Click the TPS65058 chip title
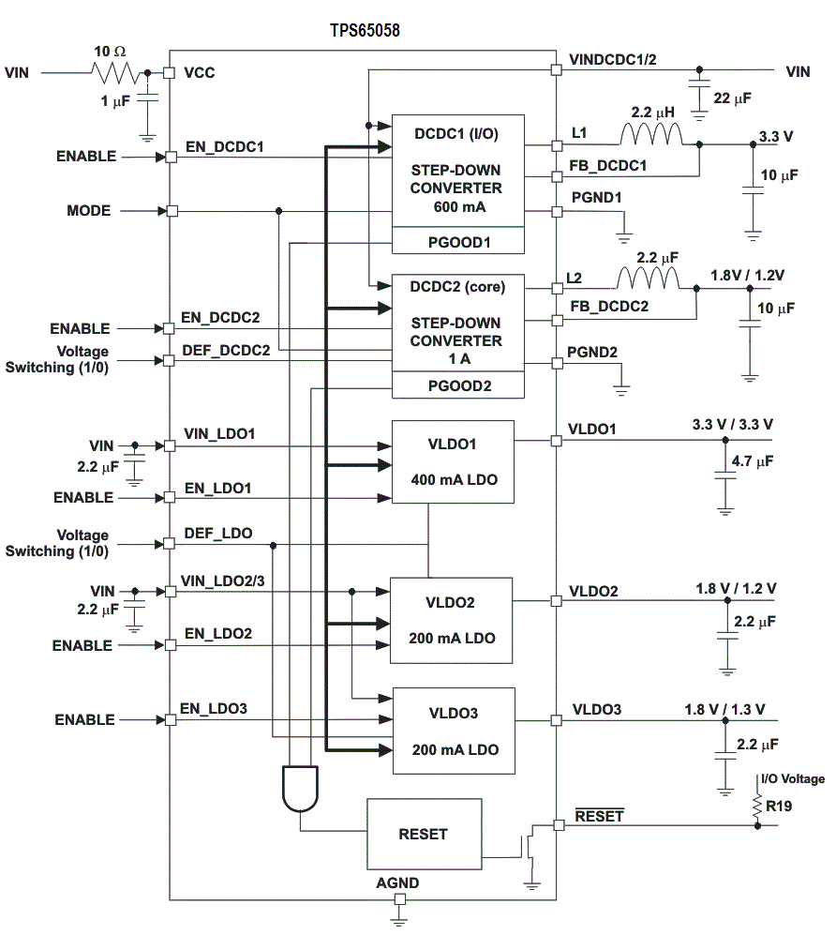pyautogui.click(x=365, y=30)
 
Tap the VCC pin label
pyautogui.click(x=200, y=72)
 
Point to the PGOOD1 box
pyautogui.click(x=456, y=242)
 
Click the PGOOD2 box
pyautogui.click(x=456, y=385)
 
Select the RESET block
pyautogui.click(x=424, y=834)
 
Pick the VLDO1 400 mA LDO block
pyautogui.click(x=453, y=461)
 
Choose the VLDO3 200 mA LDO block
pyautogui.click(x=453, y=731)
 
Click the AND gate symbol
pyautogui.click(x=300, y=788)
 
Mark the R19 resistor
pyautogui.click(x=757, y=805)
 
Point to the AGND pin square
pyautogui.click(x=399, y=899)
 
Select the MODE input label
pyautogui.click(x=88, y=211)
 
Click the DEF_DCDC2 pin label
pyautogui.click(x=227, y=351)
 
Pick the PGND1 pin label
pyautogui.click(x=596, y=198)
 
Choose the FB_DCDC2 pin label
pyautogui.click(x=608, y=306)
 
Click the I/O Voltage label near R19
pyautogui.click(x=793, y=779)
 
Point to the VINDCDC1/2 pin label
pyautogui.click(x=613, y=59)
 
